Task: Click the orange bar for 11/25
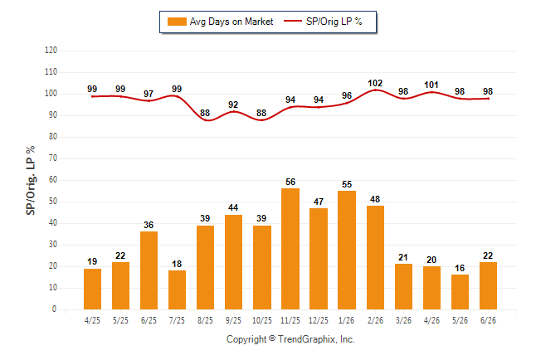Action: click(290, 249)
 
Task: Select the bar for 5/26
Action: click(460, 292)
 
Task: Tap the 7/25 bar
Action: click(177, 290)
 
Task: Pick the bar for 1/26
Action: click(347, 250)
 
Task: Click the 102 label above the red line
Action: click(375, 83)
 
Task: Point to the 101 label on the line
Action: click(431, 85)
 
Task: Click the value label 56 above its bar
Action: click(290, 182)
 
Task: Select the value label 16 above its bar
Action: click(460, 268)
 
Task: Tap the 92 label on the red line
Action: click(233, 105)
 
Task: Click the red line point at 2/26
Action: click(375, 90)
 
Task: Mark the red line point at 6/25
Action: click(149, 100)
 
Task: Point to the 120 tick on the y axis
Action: click(51, 51)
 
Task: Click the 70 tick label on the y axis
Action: click(53, 158)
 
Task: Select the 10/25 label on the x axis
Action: click(262, 320)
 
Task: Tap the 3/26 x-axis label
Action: click(403, 320)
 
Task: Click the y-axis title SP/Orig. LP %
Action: click(31, 180)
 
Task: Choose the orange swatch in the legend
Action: click(177, 22)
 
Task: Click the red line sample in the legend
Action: click(293, 22)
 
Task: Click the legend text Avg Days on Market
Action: click(231, 22)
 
